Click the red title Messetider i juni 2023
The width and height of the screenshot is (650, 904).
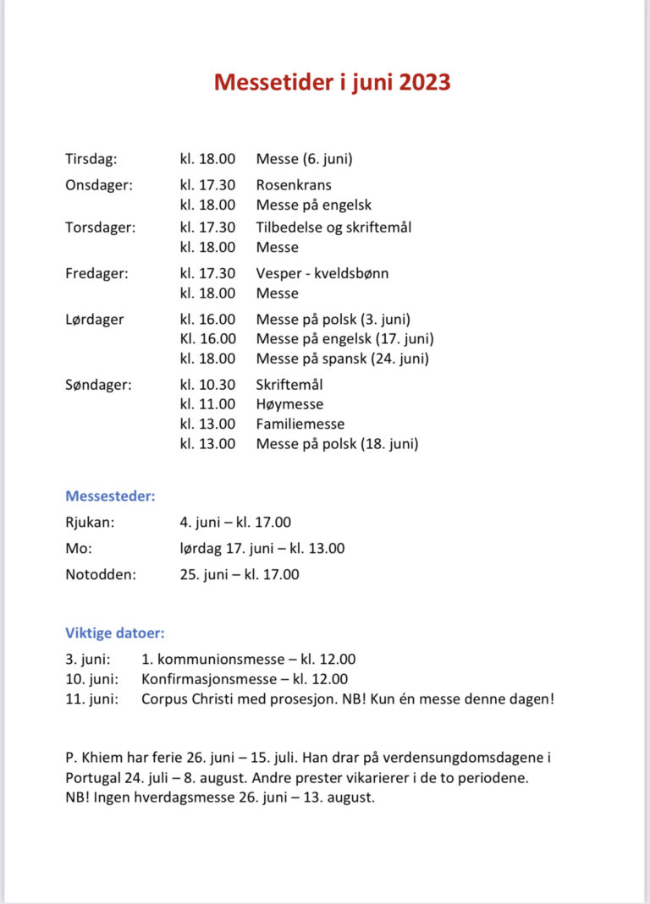332,82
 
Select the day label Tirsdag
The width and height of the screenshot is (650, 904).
91,159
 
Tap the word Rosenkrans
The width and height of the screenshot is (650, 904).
294,185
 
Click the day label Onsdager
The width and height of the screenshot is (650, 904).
98,185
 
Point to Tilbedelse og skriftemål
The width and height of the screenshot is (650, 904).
333,227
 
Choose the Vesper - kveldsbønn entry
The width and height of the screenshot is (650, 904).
322,273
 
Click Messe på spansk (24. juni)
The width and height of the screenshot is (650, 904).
342,359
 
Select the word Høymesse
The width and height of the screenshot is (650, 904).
289,404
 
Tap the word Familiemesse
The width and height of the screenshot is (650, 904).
300,424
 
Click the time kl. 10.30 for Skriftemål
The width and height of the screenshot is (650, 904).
207,385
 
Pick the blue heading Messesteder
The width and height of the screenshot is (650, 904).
110,496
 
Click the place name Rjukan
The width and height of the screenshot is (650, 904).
90,523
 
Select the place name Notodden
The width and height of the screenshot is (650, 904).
99,575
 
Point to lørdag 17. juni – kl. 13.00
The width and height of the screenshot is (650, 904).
262,548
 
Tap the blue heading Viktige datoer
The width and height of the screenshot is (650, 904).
115,633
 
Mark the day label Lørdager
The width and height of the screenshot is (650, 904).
94,320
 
